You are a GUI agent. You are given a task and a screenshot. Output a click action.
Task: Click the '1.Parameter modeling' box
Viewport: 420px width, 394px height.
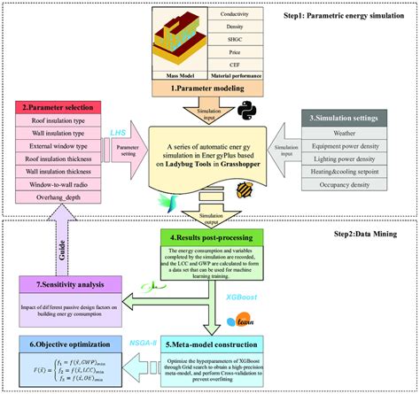210,91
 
